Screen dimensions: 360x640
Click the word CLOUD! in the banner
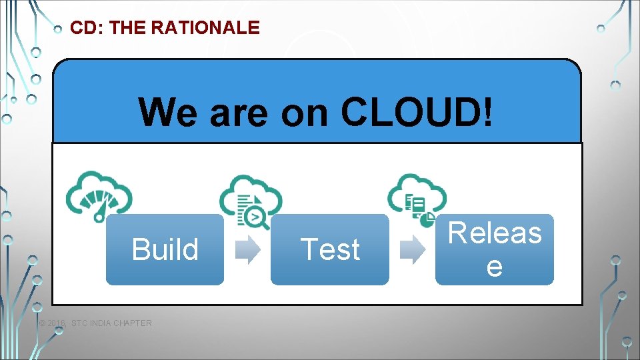click(x=418, y=111)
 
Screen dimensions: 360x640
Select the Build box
click(x=165, y=249)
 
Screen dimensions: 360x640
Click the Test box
click(x=330, y=249)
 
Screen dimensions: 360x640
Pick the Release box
click(x=495, y=249)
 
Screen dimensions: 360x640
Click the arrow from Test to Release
click(x=412, y=249)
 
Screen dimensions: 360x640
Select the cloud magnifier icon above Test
click(x=251, y=197)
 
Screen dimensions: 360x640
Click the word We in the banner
click(x=170, y=111)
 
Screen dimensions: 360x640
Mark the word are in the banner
click(x=239, y=111)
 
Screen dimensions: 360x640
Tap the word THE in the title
click(x=127, y=28)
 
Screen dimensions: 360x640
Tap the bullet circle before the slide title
click(x=58, y=29)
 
